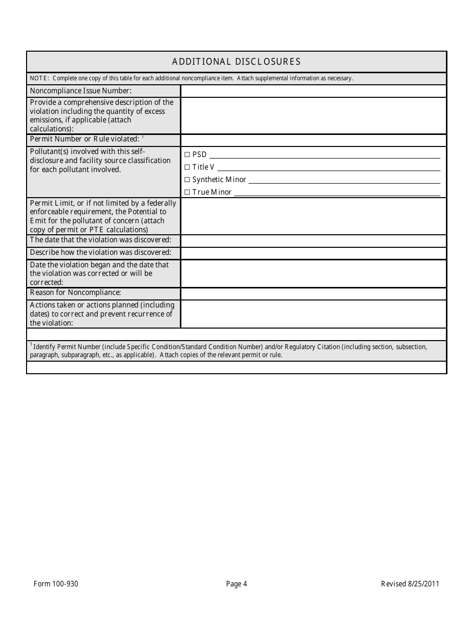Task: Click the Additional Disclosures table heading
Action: [236, 62]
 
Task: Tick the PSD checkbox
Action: [187, 155]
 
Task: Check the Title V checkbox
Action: [187, 167]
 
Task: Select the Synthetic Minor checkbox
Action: [187, 180]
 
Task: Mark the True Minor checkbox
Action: [187, 192]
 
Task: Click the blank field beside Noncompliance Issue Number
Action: [313, 91]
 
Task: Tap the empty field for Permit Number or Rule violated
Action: [313, 140]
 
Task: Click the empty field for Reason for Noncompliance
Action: [313, 293]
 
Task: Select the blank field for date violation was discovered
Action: [313, 241]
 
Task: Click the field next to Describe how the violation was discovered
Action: [313, 253]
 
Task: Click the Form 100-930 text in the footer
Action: [56, 583]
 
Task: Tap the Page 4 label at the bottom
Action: [236, 583]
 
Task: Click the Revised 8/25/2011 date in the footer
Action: [410, 583]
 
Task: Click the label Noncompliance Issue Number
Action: [81, 91]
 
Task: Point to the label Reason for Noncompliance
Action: [75, 292]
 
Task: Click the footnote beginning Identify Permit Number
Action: [228, 351]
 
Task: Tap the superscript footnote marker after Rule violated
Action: [143, 137]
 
